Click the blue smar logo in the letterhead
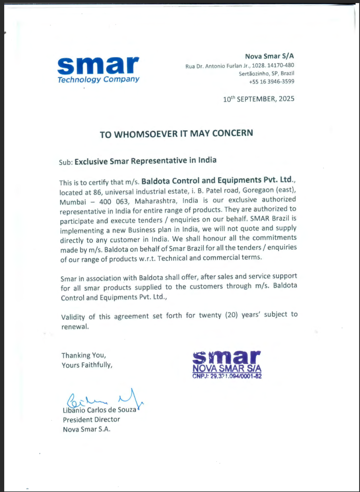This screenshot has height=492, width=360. point(98,66)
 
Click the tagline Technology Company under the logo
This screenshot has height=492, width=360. point(98,80)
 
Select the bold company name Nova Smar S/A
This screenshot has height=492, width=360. point(269,56)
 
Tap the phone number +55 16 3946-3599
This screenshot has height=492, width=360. point(271,82)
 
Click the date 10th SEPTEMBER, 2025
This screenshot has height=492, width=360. point(258,99)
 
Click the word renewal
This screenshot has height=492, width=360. point(75,327)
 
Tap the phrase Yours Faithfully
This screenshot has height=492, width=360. point(87,365)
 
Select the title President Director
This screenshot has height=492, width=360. point(91,420)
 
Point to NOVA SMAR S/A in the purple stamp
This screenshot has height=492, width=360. point(227,368)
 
